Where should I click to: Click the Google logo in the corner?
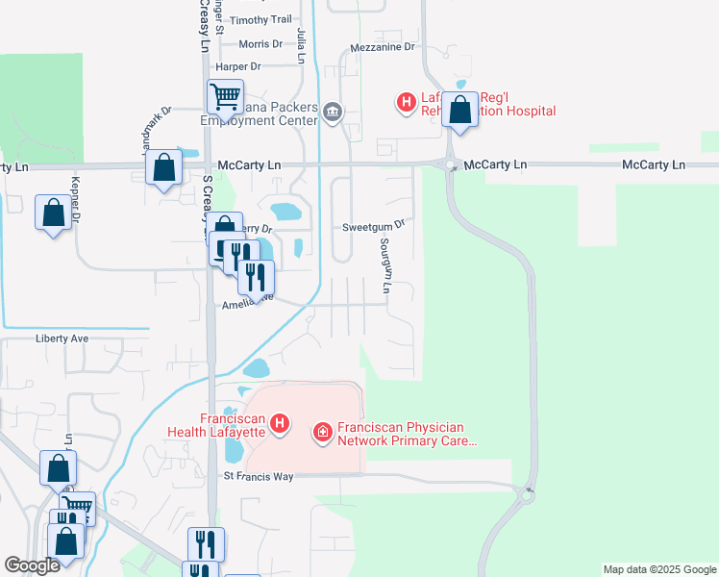point(32,565)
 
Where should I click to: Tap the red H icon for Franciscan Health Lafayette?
point(280,424)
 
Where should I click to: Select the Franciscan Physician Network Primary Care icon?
point(322,434)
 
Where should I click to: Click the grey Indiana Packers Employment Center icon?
point(332,113)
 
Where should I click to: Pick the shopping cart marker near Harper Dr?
point(225,96)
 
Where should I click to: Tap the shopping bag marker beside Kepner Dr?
point(53,213)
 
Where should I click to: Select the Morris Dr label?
point(260,44)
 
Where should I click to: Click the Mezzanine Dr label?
point(382,46)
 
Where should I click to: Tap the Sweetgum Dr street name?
point(374,227)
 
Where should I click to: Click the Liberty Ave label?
point(62,339)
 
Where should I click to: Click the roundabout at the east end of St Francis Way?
point(527,495)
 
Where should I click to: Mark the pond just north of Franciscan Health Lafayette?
point(256,368)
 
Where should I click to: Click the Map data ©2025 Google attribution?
point(658,569)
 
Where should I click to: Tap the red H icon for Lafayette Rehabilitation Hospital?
point(407,100)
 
